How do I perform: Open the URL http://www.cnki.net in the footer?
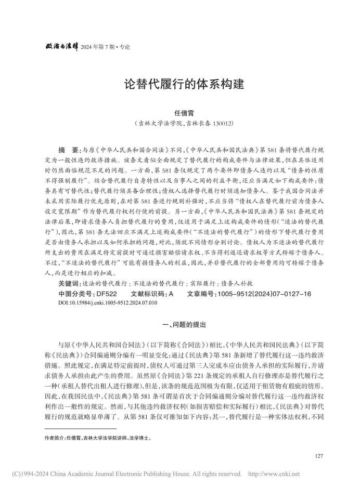(x=280, y=474)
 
